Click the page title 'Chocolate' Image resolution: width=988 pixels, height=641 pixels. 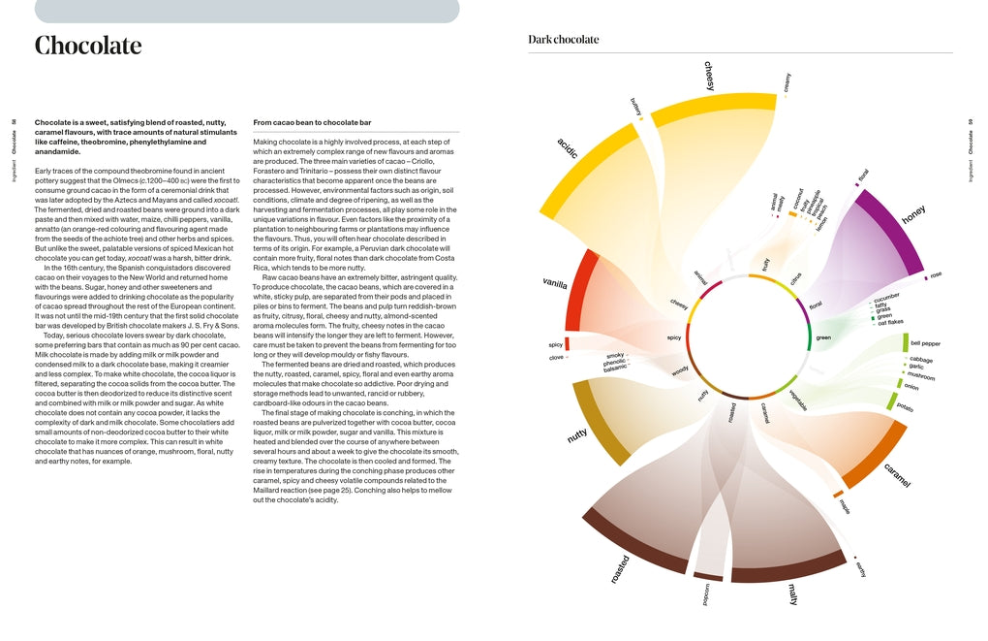pos(88,46)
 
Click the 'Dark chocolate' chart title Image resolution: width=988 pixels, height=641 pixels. pos(563,40)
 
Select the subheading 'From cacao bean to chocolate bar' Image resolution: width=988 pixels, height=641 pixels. pos(312,123)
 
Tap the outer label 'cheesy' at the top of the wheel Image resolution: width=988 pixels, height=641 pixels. pos(710,76)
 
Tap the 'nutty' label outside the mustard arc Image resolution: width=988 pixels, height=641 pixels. pos(577,436)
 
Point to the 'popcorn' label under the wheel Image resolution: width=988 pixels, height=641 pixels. pos(706,594)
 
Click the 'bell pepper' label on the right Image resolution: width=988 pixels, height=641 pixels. pos(925,343)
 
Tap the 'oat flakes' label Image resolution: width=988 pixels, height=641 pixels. pos(890,323)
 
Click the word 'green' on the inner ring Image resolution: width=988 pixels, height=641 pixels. pos(823,337)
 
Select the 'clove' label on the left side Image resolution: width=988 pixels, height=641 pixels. pos(556,358)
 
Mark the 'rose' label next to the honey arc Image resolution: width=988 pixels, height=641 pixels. pos(936,275)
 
